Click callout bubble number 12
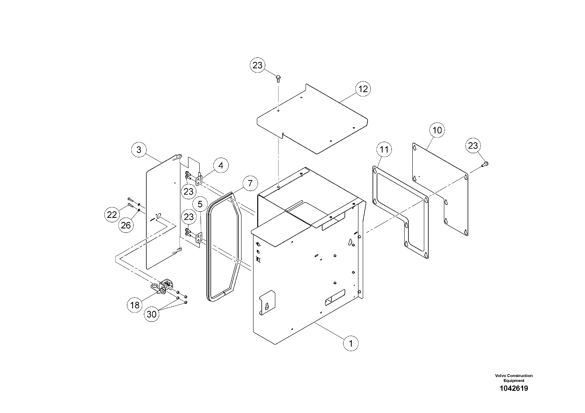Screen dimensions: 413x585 (x=363, y=89)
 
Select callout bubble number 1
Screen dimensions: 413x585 (x=351, y=343)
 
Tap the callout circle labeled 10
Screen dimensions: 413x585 (x=437, y=130)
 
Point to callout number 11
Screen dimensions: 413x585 (x=384, y=150)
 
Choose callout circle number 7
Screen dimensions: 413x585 (x=250, y=183)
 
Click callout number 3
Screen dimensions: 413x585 (x=139, y=150)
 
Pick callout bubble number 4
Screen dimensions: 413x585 (x=221, y=166)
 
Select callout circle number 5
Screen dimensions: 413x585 (x=200, y=204)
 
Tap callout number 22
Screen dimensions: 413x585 (x=112, y=215)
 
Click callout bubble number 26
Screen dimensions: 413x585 (x=126, y=225)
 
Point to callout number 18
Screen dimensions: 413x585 (x=135, y=305)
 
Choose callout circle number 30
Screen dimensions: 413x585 (x=152, y=314)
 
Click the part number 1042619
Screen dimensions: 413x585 (x=514, y=388)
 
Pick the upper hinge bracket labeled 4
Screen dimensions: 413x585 (x=198, y=180)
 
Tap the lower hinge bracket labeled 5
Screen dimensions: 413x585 (x=198, y=238)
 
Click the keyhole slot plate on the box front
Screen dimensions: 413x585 (x=267, y=302)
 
